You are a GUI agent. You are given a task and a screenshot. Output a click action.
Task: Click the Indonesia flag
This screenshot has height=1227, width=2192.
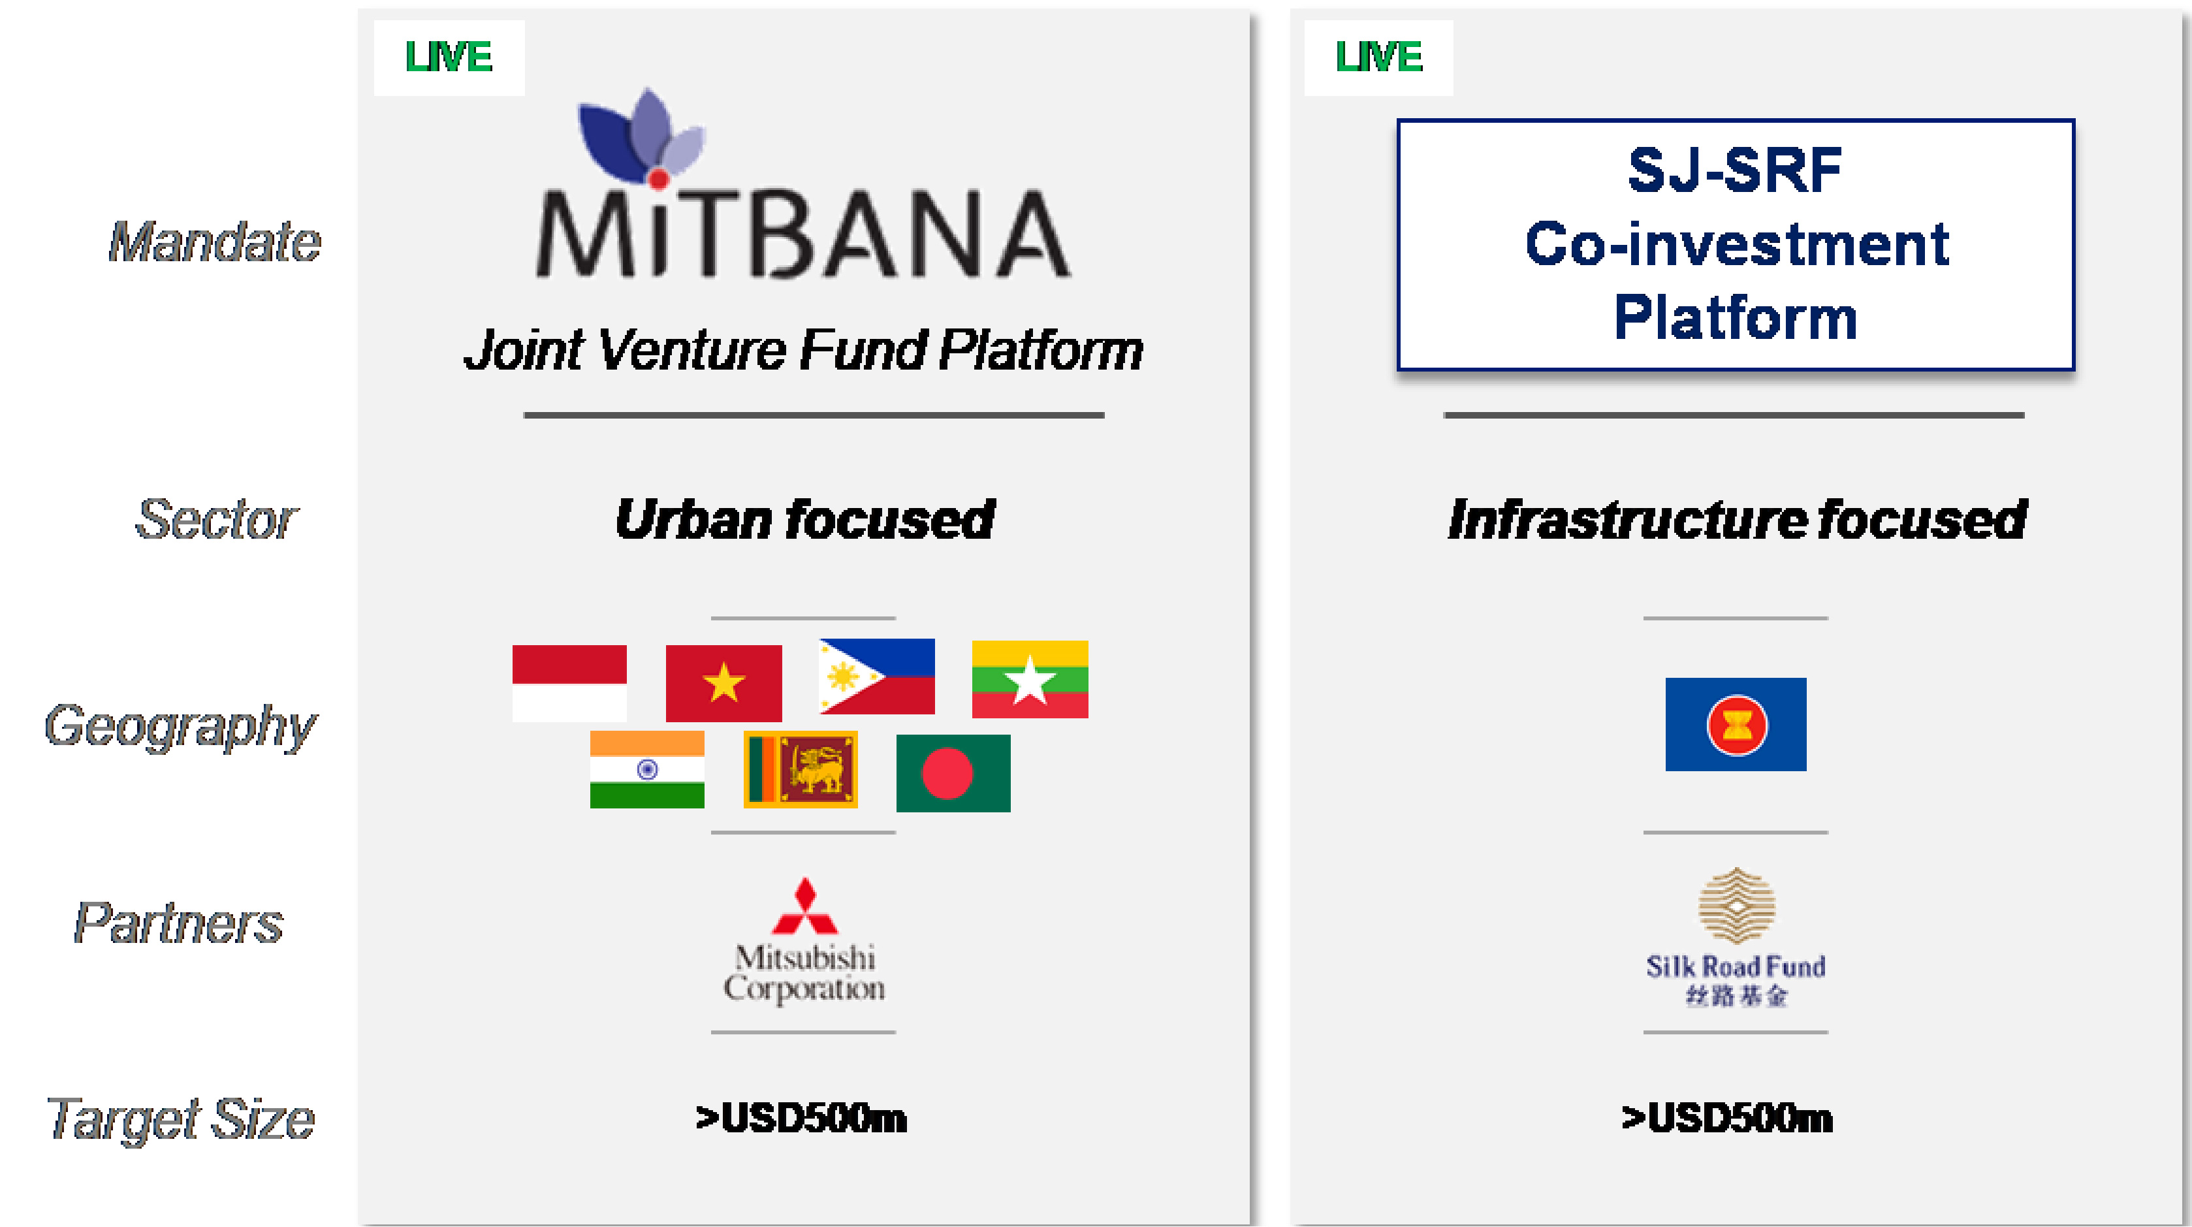569,682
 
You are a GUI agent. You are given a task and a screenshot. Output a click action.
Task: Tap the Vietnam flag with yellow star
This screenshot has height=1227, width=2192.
723,682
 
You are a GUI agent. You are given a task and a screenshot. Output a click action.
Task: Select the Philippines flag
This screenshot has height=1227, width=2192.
876,677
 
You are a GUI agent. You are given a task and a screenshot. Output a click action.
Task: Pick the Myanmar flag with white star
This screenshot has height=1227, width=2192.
1030,679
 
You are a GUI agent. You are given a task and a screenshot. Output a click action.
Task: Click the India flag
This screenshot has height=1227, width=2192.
646,769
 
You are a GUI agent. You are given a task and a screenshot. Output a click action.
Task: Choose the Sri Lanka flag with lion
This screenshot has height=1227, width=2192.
800,769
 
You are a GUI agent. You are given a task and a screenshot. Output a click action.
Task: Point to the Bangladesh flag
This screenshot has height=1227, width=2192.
953,773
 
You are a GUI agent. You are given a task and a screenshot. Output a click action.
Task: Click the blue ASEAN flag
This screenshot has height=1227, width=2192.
1735,724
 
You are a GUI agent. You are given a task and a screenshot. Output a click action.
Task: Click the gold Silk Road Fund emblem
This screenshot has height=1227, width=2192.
1736,905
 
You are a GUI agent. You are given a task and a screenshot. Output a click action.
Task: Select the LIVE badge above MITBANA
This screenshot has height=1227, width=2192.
449,57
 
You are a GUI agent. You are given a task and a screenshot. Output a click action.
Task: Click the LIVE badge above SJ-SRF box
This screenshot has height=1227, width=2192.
1378,57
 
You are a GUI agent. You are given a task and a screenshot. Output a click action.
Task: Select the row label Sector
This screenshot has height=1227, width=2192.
217,519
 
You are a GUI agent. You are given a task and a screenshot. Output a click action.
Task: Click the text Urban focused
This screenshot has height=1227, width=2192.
805,519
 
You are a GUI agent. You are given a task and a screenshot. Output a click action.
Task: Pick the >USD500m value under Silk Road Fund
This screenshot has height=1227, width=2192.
1727,1118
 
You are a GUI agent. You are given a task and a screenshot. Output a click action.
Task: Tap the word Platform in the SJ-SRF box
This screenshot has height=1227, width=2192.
1735,317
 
